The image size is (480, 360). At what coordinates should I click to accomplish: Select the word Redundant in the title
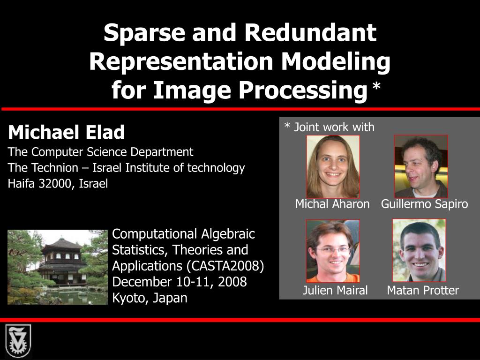[x=309, y=33]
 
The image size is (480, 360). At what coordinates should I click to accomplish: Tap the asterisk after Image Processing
[x=376, y=87]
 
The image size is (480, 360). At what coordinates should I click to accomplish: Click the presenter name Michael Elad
[x=66, y=133]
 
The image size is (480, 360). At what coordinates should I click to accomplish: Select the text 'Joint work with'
[x=334, y=127]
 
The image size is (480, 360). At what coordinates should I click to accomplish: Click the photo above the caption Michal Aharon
[x=333, y=166]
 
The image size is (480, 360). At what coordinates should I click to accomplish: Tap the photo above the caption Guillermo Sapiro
[x=421, y=166]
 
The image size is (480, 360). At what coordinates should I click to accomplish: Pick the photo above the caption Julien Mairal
[x=333, y=250]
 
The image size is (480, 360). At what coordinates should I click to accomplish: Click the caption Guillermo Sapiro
[x=424, y=204]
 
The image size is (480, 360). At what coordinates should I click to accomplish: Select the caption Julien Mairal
[x=335, y=290]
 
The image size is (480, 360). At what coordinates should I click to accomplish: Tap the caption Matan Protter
[x=422, y=290]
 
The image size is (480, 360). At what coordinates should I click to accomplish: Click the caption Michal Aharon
[x=332, y=204]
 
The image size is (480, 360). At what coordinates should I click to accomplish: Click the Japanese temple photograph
[x=57, y=267]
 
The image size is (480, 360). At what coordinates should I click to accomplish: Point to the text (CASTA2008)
[x=225, y=266]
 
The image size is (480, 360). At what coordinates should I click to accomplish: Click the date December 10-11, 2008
[x=179, y=282]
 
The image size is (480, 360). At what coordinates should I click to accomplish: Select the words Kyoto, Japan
[x=150, y=298]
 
